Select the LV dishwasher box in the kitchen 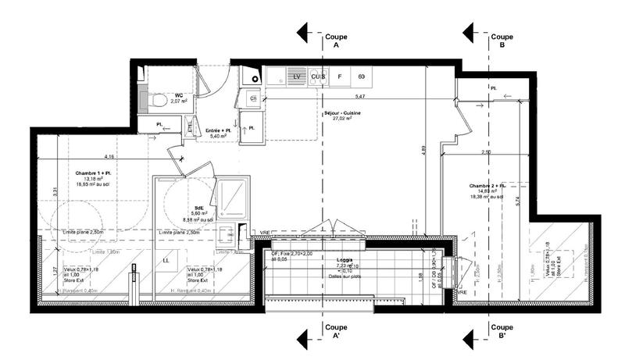297,77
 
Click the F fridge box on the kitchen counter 340,77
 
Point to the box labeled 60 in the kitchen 362,77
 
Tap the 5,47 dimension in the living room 360,97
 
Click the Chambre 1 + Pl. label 93,173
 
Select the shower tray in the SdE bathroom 232,198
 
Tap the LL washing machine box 166,259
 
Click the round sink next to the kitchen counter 254,77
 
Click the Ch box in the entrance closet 253,98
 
